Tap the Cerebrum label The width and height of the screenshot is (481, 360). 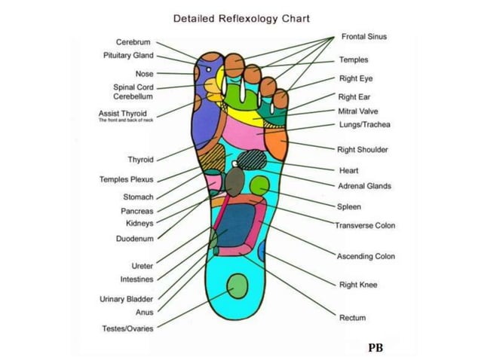click(x=133, y=42)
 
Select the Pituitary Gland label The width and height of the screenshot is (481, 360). click(x=128, y=56)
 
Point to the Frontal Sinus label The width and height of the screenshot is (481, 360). click(x=365, y=36)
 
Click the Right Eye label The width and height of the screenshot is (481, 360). click(x=355, y=78)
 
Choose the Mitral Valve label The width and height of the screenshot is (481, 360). click(x=358, y=111)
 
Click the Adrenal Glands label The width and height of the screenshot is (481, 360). click(x=365, y=185)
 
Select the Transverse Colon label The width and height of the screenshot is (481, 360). click(x=365, y=225)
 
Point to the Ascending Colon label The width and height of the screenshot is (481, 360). click(x=366, y=257)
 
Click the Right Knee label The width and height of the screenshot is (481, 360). click(x=358, y=285)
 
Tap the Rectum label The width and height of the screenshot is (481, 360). click(x=352, y=318)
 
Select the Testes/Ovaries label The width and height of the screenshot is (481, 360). click(x=127, y=328)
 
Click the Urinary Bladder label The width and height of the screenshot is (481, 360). click(x=127, y=299)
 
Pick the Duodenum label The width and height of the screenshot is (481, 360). click(x=135, y=239)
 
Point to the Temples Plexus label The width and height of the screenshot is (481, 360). click(x=127, y=179)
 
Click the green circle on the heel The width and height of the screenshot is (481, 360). click(x=237, y=286)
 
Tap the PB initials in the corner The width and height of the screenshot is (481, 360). click(x=375, y=347)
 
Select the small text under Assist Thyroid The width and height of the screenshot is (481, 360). click(x=126, y=120)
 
